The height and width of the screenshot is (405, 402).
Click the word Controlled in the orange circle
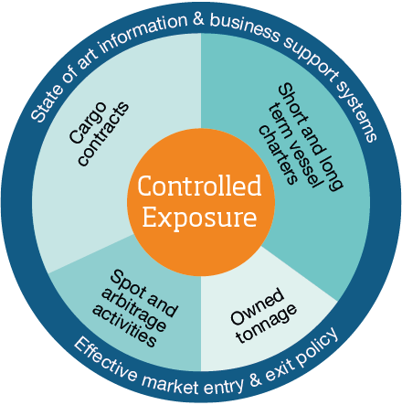(200, 187)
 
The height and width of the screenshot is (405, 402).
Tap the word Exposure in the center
(200, 218)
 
